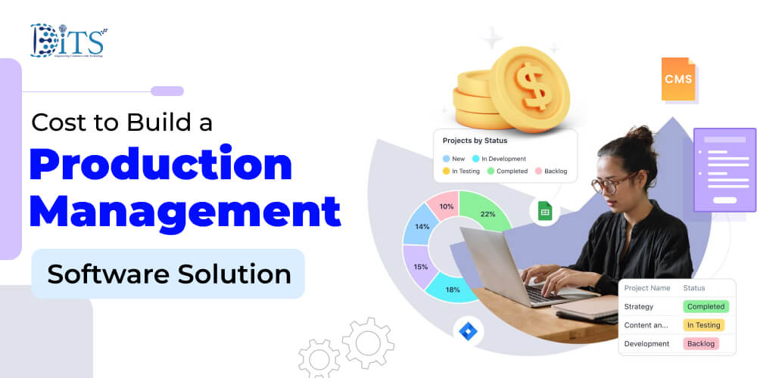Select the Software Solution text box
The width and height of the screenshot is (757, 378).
[168, 274]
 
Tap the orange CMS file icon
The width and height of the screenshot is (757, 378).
[678, 79]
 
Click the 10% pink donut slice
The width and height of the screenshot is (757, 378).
[447, 206]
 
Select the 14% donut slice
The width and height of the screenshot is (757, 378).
[421, 227]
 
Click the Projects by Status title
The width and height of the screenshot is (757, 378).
[475, 141]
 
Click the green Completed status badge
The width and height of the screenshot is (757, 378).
[705, 307]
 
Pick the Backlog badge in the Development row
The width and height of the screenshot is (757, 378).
[701, 343]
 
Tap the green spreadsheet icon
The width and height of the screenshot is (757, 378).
[544, 212]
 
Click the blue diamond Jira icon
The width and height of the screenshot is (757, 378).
[468, 330]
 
